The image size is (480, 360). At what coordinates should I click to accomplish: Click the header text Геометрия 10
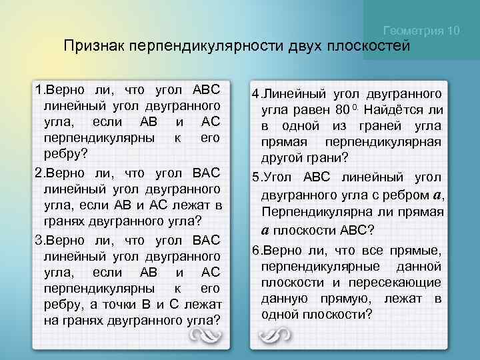point(423,31)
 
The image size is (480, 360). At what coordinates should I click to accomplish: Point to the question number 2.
point(38,174)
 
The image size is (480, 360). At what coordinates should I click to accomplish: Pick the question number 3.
point(38,239)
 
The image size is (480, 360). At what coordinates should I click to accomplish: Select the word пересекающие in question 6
point(405,282)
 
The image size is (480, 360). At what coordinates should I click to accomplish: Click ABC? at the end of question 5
point(360,229)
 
